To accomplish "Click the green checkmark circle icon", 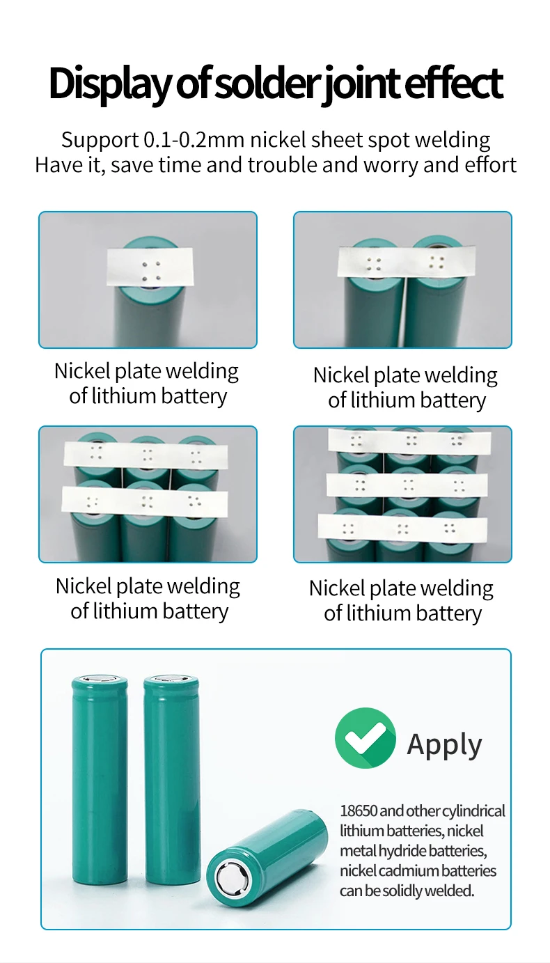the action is point(366,737).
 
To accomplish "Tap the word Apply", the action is point(444,745).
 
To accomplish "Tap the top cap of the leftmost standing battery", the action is point(100,680).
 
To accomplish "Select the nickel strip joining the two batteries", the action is point(407,261).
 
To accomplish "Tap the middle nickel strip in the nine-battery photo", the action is point(407,485).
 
